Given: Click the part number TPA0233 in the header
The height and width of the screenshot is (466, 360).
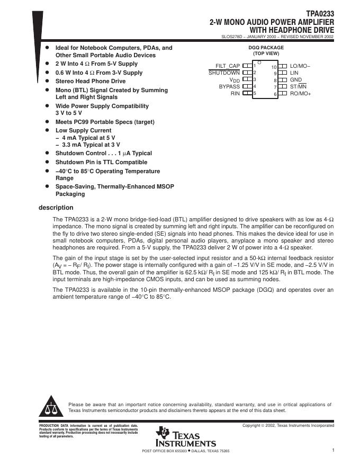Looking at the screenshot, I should (x=320, y=14).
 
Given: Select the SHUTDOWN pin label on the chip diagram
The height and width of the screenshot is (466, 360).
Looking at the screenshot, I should (x=224, y=73).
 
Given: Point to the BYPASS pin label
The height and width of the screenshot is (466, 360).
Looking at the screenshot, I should (x=229, y=86).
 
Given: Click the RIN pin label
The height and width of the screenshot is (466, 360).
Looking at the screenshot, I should (x=235, y=93).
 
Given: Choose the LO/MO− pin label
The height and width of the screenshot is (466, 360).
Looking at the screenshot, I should (x=300, y=66).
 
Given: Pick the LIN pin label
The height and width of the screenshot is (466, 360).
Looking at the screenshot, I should (x=294, y=73).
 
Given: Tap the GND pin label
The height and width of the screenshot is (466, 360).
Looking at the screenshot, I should (x=295, y=79).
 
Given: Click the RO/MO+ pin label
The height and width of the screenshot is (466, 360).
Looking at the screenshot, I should (x=301, y=93).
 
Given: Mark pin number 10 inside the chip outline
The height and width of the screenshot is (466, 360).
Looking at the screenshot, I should (x=274, y=67).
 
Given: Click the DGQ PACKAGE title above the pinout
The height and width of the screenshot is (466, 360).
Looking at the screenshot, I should (x=266, y=48).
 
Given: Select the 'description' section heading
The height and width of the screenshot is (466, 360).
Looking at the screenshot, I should (x=56, y=208).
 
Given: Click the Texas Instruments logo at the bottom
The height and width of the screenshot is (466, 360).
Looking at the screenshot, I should (x=186, y=437).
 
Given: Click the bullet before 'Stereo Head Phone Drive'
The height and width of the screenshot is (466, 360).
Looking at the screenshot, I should (x=47, y=81).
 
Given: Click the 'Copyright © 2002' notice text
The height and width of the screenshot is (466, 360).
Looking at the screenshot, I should (x=288, y=425).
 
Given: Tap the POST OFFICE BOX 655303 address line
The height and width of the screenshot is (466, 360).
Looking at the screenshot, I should (x=186, y=451).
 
